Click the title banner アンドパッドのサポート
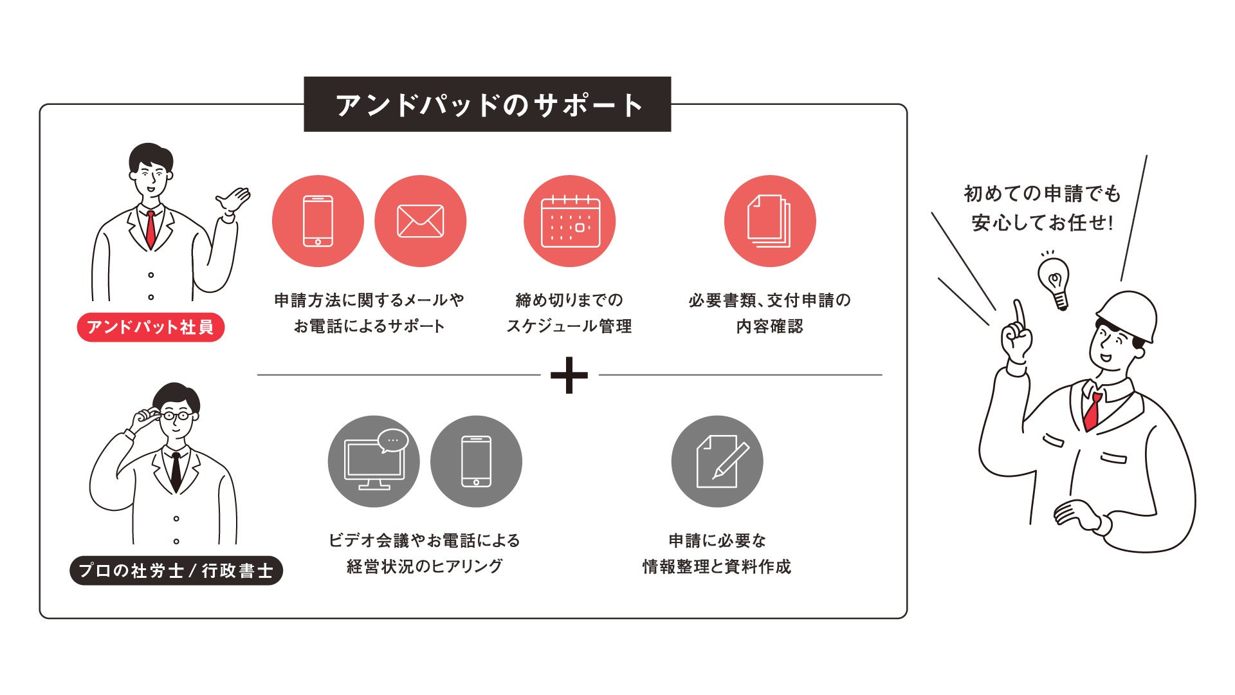point(487,104)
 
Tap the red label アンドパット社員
point(151,327)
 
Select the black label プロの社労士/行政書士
point(176,571)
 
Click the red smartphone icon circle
point(318,221)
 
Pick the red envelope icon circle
point(420,221)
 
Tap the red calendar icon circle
point(570,221)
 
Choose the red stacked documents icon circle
point(769,221)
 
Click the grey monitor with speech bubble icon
point(374,461)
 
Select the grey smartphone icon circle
point(476,461)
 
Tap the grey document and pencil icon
point(717,461)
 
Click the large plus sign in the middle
point(569,375)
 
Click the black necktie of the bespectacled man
point(176,470)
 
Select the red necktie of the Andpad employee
point(151,228)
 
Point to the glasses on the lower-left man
point(175,416)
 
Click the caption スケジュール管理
point(569,326)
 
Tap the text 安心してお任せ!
point(1042,223)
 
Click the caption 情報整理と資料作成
point(717,566)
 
